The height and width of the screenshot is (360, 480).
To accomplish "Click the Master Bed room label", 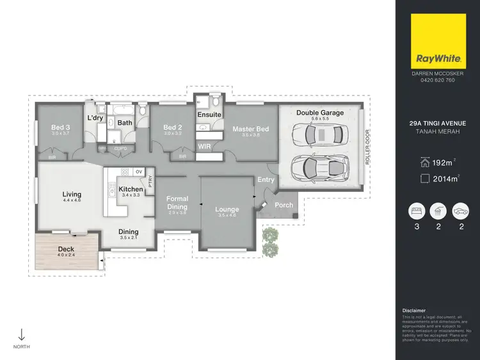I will (x=250, y=129).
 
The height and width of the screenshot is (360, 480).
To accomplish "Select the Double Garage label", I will (x=319, y=113).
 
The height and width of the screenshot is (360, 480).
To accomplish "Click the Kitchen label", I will (x=131, y=190).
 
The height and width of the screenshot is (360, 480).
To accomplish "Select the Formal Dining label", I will (x=177, y=202).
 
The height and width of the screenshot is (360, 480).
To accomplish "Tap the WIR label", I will (x=205, y=146).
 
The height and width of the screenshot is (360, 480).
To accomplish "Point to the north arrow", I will (x=21, y=334).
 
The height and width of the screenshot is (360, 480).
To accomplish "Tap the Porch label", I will (x=284, y=205).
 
